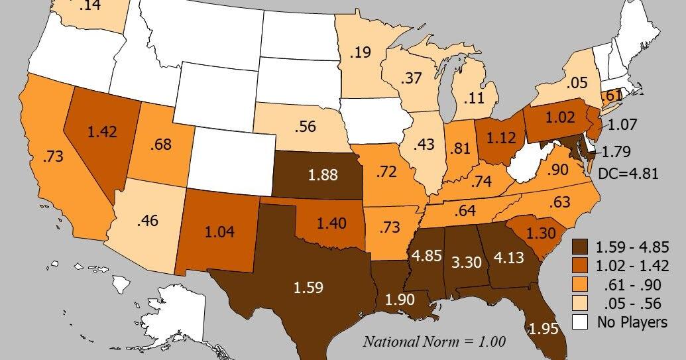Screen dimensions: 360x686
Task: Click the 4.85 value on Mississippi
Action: (x=427, y=256)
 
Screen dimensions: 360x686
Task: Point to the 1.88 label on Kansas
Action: (x=323, y=176)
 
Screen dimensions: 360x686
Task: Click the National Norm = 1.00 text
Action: (x=434, y=342)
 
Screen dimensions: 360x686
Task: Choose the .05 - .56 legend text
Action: (x=633, y=304)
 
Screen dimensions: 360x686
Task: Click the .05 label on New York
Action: (x=577, y=83)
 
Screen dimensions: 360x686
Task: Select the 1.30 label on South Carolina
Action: (x=541, y=233)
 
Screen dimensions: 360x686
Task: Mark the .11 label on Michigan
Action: (x=473, y=98)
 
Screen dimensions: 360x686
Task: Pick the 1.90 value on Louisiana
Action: (x=399, y=298)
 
